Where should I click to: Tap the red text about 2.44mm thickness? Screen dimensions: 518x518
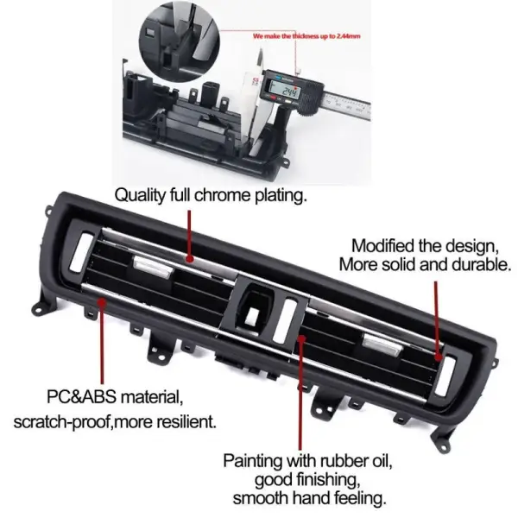(306, 36)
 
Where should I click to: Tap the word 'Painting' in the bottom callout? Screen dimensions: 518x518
(253, 461)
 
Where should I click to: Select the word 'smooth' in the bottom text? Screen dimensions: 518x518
(261, 498)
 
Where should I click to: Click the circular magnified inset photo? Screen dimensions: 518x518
(180, 41)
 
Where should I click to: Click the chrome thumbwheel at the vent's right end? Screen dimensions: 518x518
(445, 376)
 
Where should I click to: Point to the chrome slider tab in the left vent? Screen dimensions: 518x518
(153, 267)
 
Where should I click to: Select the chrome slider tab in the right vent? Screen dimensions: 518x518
(382, 344)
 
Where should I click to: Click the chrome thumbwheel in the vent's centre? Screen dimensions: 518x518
(285, 319)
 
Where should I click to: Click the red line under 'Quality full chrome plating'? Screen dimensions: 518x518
(190, 236)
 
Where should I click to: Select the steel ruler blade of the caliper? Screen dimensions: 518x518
(347, 105)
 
